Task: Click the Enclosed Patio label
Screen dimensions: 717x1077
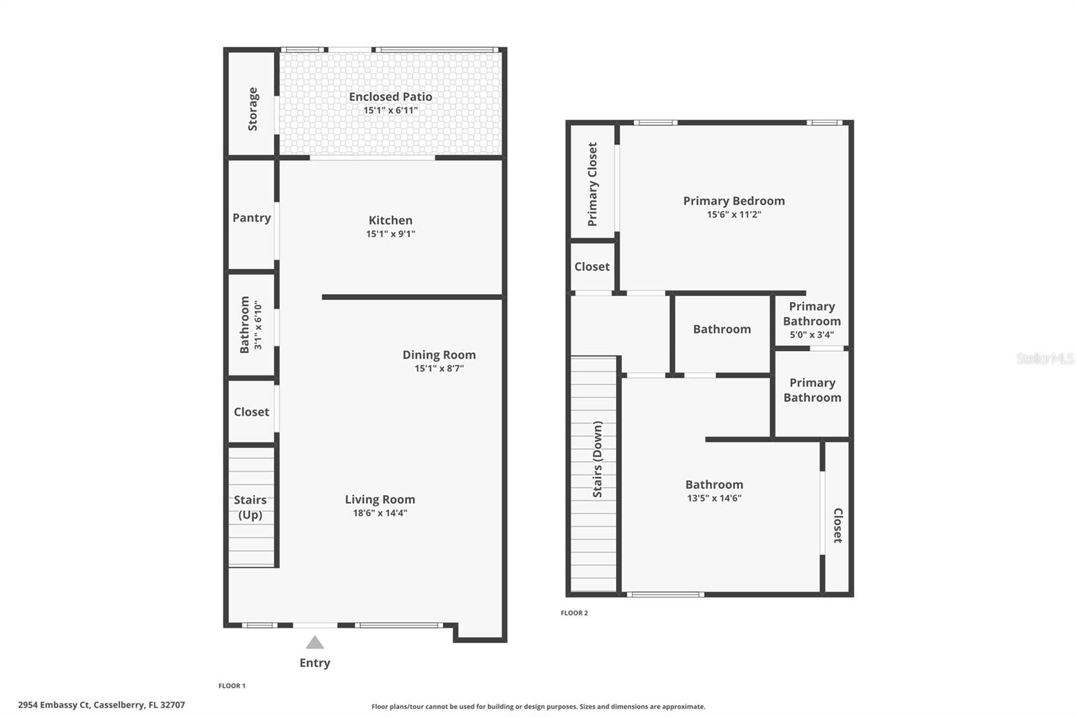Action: pyautogui.click(x=390, y=97)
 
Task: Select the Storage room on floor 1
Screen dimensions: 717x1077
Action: pyautogui.click(x=252, y=108)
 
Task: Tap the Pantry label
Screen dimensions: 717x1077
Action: pyautogui.click(x=252, y=218)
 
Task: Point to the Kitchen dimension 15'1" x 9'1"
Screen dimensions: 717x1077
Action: pyautogui.click(x=390, y=234)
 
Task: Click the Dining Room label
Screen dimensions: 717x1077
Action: pyautogui.click(x=439, y=355)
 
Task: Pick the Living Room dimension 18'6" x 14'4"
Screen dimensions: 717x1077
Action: pyautogui.click(x=380, y=513)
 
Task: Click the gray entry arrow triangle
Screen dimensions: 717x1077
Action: pyautogui.click(x=315, y=643)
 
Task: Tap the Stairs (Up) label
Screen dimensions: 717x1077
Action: pyautogui.click(x=250, y=507)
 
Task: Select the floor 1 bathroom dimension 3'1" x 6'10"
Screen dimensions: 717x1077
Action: pyautogui.click(x=258, y=325)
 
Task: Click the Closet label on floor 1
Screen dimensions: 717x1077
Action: pyautogui.click(x=251, y=412)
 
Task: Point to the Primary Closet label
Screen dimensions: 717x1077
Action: pyautogui.click(x=592, y=184)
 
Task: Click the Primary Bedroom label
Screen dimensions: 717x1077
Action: pyautogui.click(x=734, y=201)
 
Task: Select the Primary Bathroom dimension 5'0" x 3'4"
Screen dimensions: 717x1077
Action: pyautogui.click(x=812, y=335)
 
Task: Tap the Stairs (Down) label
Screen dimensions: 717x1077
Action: pyautogui.click(x=598, y=459)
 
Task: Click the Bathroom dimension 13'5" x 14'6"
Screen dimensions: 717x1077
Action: pyautogui.click(x=714, y=498)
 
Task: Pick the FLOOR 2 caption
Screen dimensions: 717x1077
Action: pyautogui.click(x=574, y=613)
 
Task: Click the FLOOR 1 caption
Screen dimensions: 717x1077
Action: pyautogui.click(x=232, y=686)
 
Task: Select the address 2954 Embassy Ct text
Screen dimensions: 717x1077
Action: pyautogui.click(x=101, y=705)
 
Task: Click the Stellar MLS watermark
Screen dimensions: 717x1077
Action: pyautogui.click(x=1045, y=358)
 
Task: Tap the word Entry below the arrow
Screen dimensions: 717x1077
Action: pyautogui.click(x=315, y=663)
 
